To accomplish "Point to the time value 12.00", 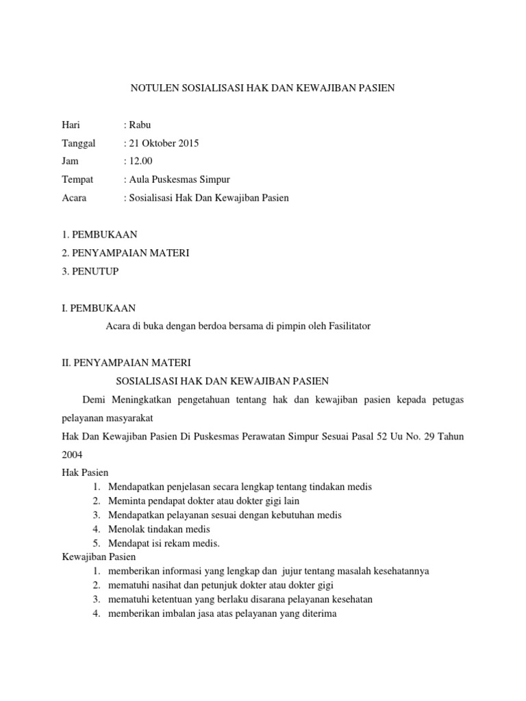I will coord(140,162).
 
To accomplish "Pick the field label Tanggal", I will coord(79,143).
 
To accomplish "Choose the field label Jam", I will coord(70,162).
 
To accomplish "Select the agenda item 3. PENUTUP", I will coord(90,272).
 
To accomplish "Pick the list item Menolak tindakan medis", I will coord(159,528).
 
